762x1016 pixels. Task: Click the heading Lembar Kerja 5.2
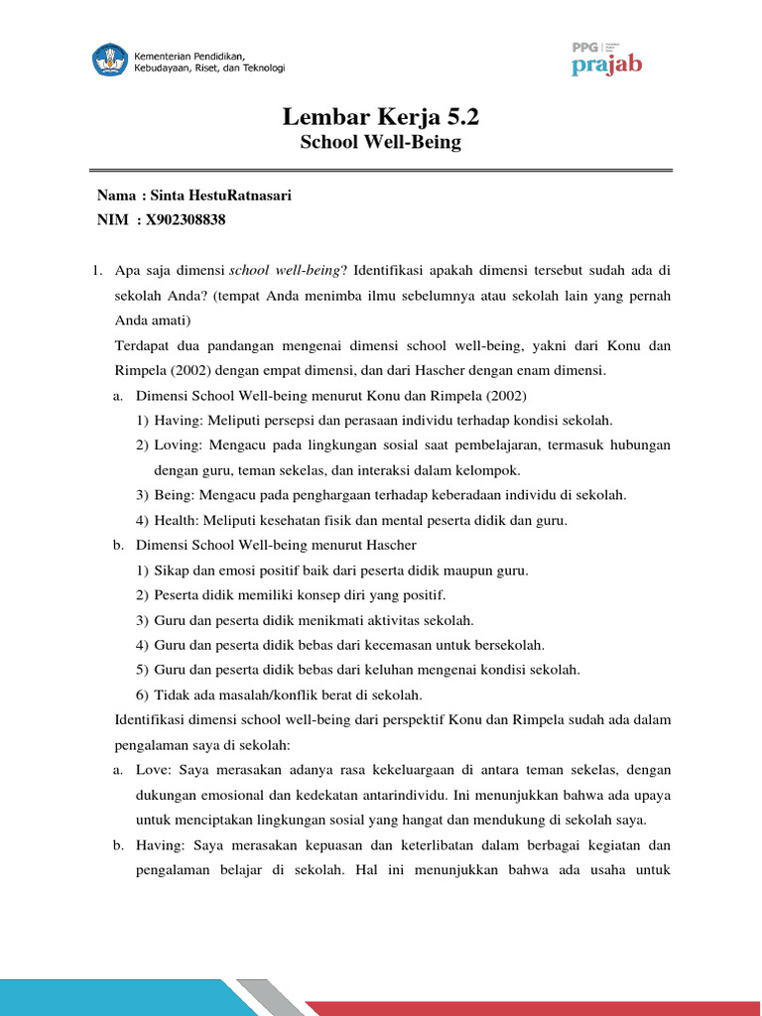(x=380, y=116)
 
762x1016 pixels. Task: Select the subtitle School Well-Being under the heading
(x=380, y=142)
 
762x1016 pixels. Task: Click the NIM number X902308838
(x=186, y=219)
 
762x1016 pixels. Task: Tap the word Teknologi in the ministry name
(x=261, y=67)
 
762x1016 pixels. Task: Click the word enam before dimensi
(x=551, y=370)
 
